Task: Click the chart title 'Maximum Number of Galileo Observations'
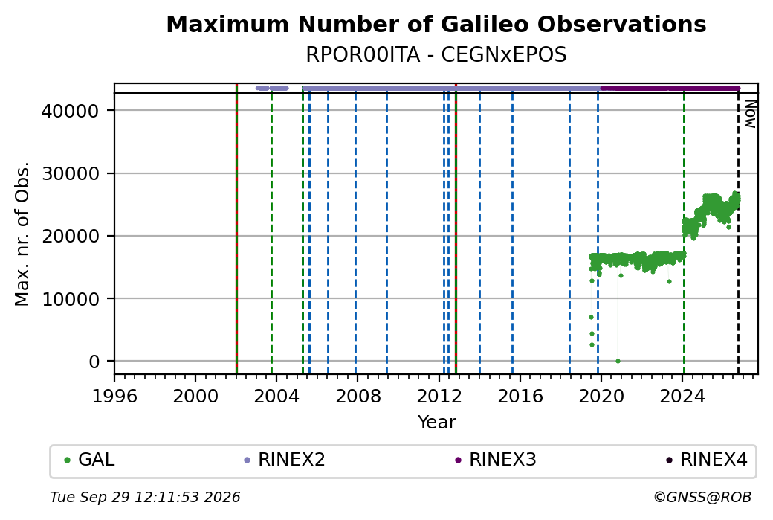(x=436, y=24)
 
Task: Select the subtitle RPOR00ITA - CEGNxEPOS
(x=436, y=55)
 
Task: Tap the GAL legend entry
(x=89, y=460)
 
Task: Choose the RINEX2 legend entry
(x=285, y=460)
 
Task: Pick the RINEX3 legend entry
(x=496, y=460)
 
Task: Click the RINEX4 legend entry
(x=707, y=460)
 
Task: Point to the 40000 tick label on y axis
(x=70, y=111)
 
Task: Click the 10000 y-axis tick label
(x=70, y=299)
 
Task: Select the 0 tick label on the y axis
(x=94, y=362)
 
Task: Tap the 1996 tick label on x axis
(x=114, y=396)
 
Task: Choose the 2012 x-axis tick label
(x=439, y=396)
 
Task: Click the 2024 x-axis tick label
(x=682, y=396)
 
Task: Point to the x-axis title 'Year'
(x=437, y=423)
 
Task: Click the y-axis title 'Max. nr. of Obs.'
(x=22, y=234)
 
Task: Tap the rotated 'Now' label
(x=750, y=114)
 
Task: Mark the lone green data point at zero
(x=618, y=361)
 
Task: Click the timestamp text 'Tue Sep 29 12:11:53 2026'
(x=145, y=497)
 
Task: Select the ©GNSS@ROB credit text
(x=702, y=497)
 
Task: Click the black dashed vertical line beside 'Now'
(x=738, y=233)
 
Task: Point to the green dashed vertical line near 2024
(x=684, y=233)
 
